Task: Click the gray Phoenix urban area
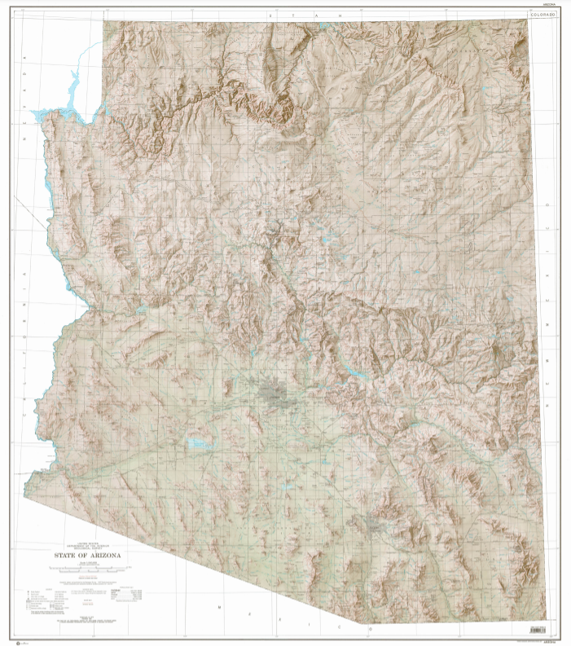point(275,395)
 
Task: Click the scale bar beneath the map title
point(92,573)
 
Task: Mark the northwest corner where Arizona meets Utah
point(103,21)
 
